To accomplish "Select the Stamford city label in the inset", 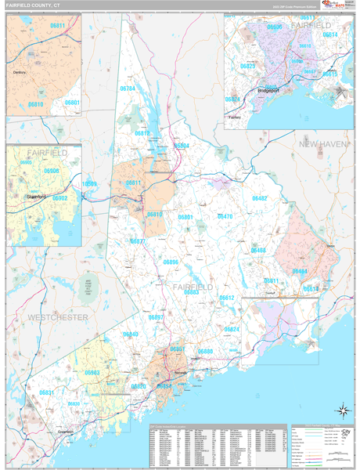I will point(35,197).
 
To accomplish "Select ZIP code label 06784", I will point(128,111).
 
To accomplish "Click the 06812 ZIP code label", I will point(142,133).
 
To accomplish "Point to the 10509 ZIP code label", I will point(90,184).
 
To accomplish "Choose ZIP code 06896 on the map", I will point(171,262).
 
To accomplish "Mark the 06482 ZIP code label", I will point(259,198).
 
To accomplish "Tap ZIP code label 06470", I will point(225,216).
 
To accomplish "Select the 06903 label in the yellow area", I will point(92,373).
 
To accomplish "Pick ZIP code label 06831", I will point(47,392).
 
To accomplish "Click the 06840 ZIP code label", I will point(131,334).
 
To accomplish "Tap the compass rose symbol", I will point(342,410).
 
